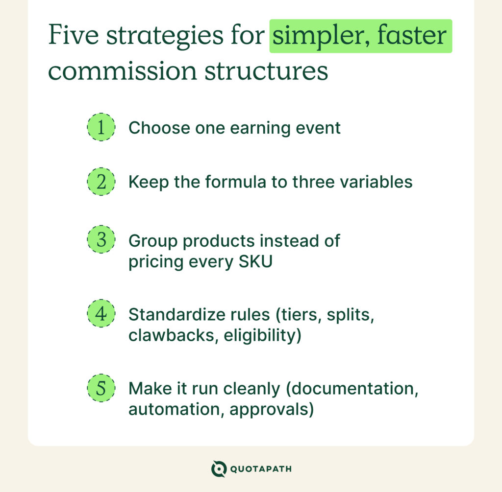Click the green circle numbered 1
click(x=101, y=128)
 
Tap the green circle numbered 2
click(x=101, y=182)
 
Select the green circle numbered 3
click(x=101, y=240)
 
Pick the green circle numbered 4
click(x=101, y=314)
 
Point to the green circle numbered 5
click(x=101, y=388)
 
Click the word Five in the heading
click(x=70, y=36)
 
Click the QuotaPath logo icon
click(x=219, y=469)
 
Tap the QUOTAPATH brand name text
click(x=261, y=469)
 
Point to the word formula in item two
click(x=233, y=182)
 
